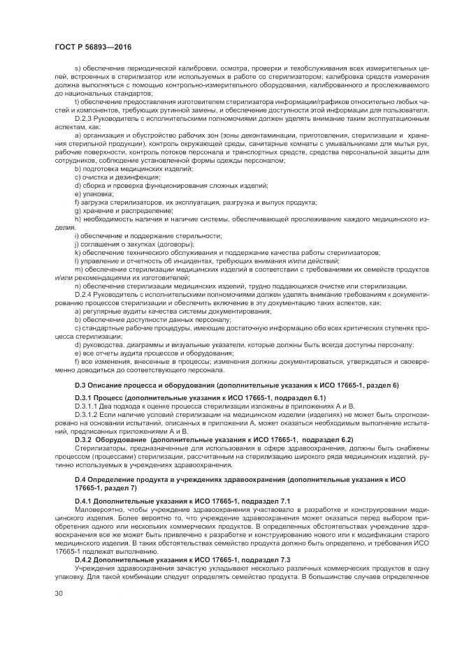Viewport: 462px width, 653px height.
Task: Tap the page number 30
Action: click(58, 594)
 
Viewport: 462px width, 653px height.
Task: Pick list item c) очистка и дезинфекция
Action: click(113, 177)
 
